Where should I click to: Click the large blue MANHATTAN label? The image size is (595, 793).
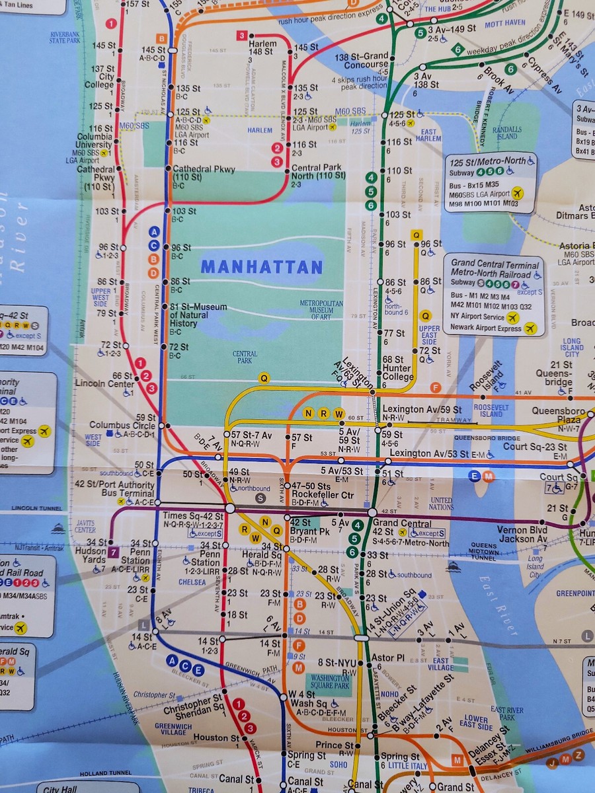coord(261,267)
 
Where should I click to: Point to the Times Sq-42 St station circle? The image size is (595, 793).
coord(229,508)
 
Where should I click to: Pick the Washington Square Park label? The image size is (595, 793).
coord(330,681)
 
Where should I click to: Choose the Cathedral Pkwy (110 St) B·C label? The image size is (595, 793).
coord(204,174)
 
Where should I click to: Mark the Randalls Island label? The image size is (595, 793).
coord(507,132)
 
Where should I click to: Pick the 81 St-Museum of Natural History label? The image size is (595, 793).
coord(198,315)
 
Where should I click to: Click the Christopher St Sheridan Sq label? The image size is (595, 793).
coord(199,704)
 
